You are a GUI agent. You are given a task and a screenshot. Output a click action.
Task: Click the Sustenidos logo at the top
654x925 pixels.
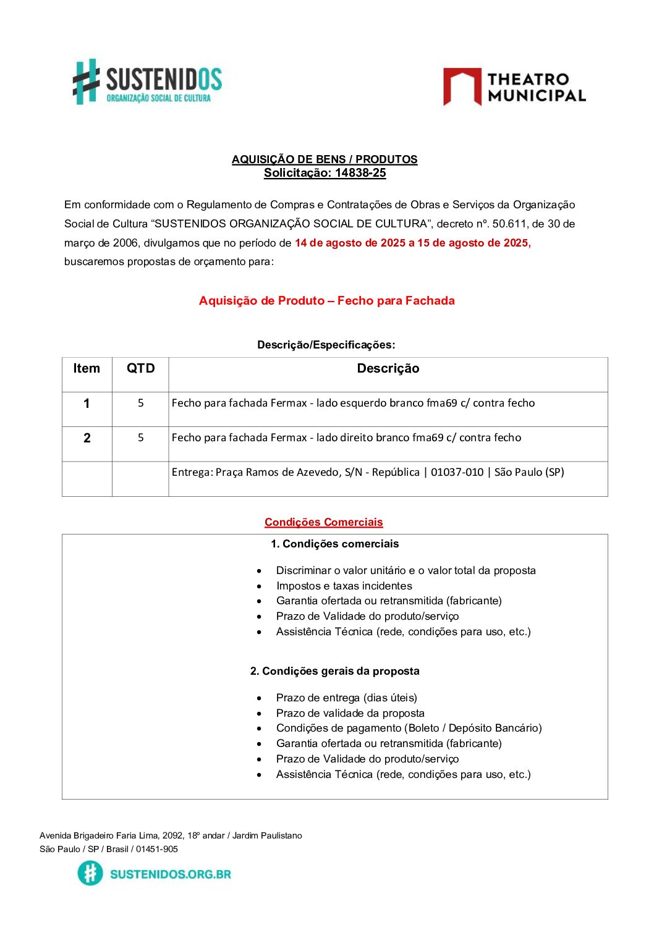tap(147, 82)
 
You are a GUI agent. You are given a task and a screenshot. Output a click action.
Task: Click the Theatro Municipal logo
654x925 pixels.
tap(514, 87)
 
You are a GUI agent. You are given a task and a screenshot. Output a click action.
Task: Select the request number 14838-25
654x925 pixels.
tap(360, 173)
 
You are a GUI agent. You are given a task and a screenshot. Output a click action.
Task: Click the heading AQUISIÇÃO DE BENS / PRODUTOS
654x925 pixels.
tap(325, 159)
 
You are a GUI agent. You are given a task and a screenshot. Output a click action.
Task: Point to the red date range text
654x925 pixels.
tap(412, 243)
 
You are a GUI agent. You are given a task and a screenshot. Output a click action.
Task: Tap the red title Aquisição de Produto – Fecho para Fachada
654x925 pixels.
tap(326, 301)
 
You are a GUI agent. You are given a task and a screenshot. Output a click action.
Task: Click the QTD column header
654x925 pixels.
tap(140, 369)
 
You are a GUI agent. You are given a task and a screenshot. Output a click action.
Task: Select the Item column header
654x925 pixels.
tap(87, 369)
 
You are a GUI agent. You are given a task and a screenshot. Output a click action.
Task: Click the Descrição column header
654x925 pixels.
tap(388, 369)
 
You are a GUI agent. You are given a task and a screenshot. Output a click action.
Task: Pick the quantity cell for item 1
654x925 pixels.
tap(140, 403)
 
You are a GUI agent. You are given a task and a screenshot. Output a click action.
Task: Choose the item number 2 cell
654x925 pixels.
tap(87, 438)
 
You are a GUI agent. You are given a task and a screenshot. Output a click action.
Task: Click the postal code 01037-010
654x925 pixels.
tap(457, 473)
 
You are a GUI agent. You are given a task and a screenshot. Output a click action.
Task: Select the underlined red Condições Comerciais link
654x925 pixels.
tap(323, 523)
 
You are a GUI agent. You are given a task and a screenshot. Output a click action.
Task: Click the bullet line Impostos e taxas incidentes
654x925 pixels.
tap(344, 586)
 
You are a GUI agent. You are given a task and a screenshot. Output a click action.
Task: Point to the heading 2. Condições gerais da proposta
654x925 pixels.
tap(334, 671)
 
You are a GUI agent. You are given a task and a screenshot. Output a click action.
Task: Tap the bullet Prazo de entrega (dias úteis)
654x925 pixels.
tap(346, 698)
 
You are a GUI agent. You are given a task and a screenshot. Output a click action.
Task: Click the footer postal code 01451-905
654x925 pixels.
tap(157, 849)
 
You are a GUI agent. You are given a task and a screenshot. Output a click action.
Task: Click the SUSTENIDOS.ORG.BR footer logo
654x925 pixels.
tap(155, 874)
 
